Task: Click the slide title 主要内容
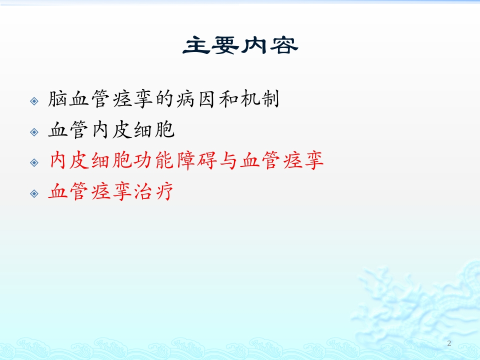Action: (x=240, y=45)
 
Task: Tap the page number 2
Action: (x=449, y=343)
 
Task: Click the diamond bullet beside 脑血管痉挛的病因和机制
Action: (x=34, y=101)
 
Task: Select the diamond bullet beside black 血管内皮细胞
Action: (x=34, y=132)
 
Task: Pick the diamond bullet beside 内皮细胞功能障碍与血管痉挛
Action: (x=34, y=162)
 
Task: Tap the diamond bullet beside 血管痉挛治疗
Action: (x=34, y=193)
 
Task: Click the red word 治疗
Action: (x=153, y=191)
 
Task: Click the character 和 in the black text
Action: (x=228, y=99)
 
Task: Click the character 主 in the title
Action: (x=196, y=45)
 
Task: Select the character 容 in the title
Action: (x=284, y=45)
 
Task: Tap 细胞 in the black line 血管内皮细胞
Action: (x=154, y=130)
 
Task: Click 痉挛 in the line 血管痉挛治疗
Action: (x=111, y=191)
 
